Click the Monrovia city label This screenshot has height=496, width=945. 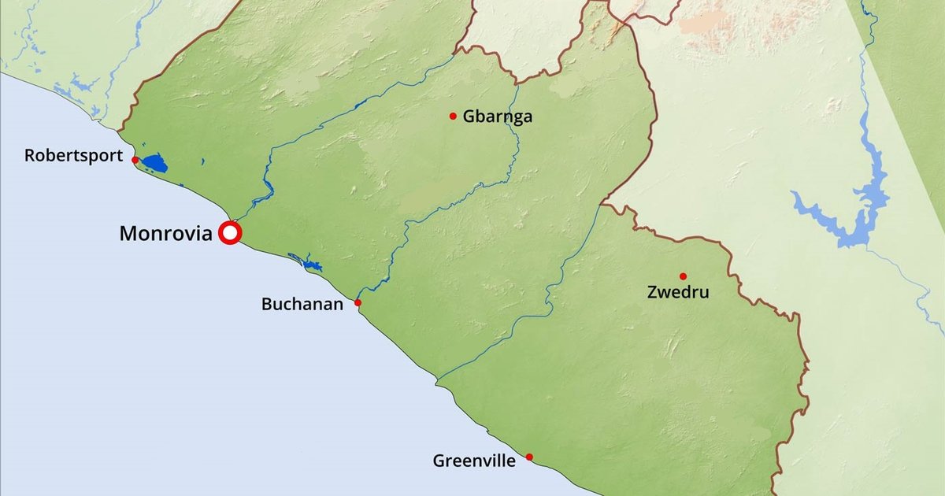(165, 234)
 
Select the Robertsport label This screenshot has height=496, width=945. (73, 156)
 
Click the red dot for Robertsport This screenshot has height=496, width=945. (135, 160)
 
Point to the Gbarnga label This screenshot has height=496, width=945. (498, 117)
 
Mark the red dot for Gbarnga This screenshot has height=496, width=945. (453, 117)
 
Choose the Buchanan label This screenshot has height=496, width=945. (302, 304)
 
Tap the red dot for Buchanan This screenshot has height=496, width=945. (358, 302)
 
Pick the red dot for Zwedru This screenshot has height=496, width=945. (683, 276)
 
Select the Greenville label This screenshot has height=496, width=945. (474, 461)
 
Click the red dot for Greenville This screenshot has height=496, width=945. (529, 457)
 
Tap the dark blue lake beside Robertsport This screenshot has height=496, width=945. (154, 165)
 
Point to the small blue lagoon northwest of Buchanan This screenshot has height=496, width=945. (307, 262)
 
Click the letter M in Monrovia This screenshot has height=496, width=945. (127, 234)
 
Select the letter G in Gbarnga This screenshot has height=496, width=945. (469, 117)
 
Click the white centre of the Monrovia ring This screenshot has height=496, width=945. (230, 233)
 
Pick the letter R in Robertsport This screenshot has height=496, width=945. (29, 156)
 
